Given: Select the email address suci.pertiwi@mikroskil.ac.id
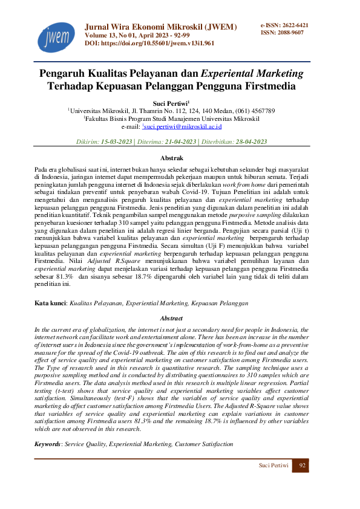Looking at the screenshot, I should (x=182, y=127).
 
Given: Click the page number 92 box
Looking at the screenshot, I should (x=300, y=465).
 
